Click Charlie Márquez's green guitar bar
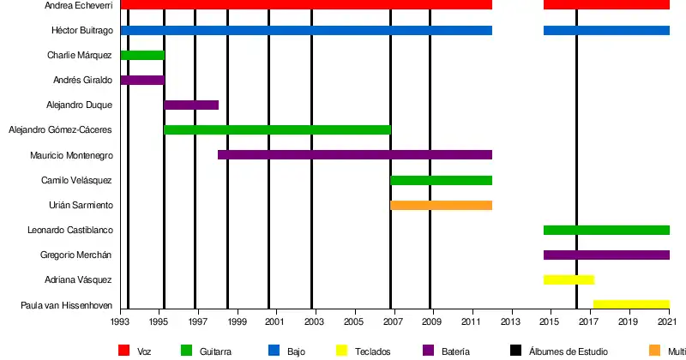(142, 56)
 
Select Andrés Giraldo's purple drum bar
(142, 81)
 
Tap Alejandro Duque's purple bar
(191, 105)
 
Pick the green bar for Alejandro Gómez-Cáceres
(277, 130)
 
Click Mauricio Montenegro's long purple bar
(355, 155)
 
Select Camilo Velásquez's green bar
(442, 180)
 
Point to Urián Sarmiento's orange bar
(442, 205)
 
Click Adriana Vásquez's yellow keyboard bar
(569, 280)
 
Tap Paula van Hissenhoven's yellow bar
(631, 304)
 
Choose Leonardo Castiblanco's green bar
(606, 230)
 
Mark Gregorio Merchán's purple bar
(606, 255)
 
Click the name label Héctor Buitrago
(81, 31)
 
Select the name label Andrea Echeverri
(79, 6)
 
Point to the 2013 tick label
(511, 322)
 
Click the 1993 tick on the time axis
(120, 322)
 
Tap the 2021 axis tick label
(669, 322)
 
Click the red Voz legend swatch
(123, 350)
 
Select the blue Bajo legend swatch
(274, 350)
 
